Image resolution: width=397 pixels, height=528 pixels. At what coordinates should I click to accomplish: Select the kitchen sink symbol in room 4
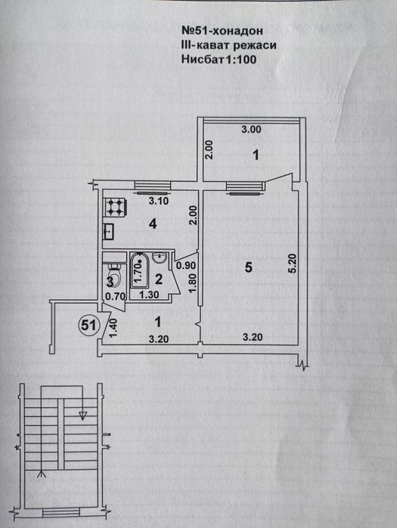pos(109,232)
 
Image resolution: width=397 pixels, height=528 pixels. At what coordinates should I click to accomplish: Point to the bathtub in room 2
pos(138,270)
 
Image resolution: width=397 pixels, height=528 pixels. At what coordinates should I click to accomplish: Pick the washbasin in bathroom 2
pos(159,258)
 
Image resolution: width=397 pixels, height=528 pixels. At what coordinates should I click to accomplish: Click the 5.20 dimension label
pos(293,264)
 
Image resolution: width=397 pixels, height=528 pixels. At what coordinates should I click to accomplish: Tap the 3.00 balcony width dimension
pos(251,129)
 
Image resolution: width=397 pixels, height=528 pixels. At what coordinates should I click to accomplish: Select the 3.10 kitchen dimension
pos(159,202)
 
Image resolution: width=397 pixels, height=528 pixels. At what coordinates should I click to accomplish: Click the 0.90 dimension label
pos(186,266)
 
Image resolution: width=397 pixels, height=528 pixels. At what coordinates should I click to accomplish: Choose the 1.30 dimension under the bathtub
pos(149,295)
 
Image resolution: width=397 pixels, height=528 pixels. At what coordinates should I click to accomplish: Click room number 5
pos(249,267)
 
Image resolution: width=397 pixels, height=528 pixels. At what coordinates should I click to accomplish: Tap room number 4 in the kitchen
pos(153,224)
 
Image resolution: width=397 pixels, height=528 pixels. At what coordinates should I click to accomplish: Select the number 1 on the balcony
pos(256,156)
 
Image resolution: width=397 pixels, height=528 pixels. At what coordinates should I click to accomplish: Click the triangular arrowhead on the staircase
pos(83,415)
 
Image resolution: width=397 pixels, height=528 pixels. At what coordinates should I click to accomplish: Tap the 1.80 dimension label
pos(191,283)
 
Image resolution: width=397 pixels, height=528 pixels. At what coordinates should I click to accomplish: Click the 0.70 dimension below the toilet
pos(116,297)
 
